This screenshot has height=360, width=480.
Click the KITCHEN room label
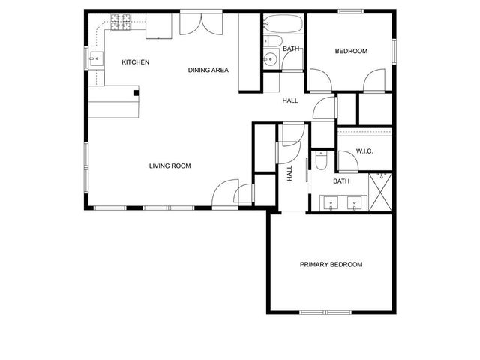tap(136, 62)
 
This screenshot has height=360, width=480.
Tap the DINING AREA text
tap(208, 70)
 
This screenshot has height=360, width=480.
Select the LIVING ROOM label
tap(170, 166)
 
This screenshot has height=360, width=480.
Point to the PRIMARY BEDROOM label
tap(331, 265)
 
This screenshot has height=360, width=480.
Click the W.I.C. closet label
tap(364, 151)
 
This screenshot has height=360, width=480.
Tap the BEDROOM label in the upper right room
tap(350, 51)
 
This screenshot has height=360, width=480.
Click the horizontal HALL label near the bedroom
tap(290, 100)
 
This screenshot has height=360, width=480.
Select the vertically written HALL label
tap(289, 173)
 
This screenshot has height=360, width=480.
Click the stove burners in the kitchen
tap(119, 22)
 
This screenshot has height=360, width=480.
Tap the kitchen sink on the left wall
tap(95, 58)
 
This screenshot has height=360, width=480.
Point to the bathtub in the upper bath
tap(283, 23)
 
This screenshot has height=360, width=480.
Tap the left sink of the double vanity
tap(331, 202)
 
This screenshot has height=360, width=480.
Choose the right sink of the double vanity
tap(355, 202)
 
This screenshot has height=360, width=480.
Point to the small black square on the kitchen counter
tap(136, 93)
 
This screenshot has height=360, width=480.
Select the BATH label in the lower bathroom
tap(341, 181)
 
